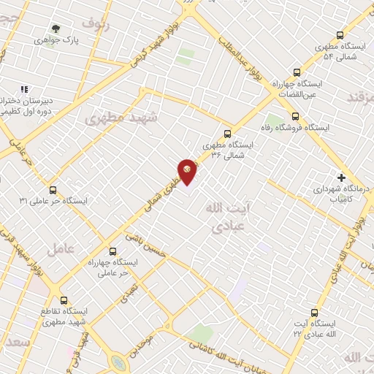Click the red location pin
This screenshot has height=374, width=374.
click(x=188, y=172)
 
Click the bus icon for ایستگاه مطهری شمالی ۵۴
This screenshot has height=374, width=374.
click(x=340, y=35)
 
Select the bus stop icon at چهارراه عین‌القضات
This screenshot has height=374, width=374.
click(x=297, y=72)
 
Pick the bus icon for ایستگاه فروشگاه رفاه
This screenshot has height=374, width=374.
click(x=295, y=115)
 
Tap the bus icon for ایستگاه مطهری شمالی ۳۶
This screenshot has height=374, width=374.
click(x=227, y=133)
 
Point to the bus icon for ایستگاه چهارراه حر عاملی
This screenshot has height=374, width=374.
click(x=112, y=250)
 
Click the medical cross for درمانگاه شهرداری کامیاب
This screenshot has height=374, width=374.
click(x=341, y=177)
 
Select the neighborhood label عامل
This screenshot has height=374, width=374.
click(x=61, y=248)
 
